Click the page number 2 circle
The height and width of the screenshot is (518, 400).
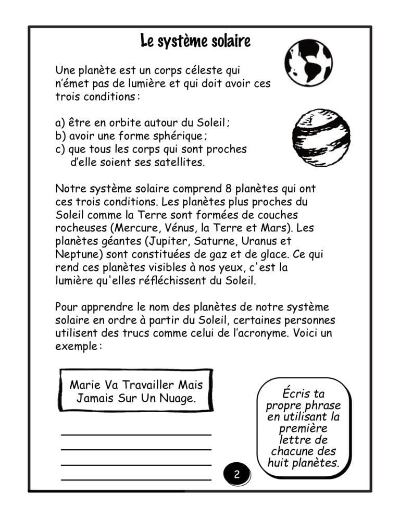coord(236,474)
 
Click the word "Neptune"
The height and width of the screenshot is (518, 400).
coord(74,255)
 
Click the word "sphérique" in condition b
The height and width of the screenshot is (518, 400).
coord(180,136)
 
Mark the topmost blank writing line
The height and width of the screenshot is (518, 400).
coord(136,434)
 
